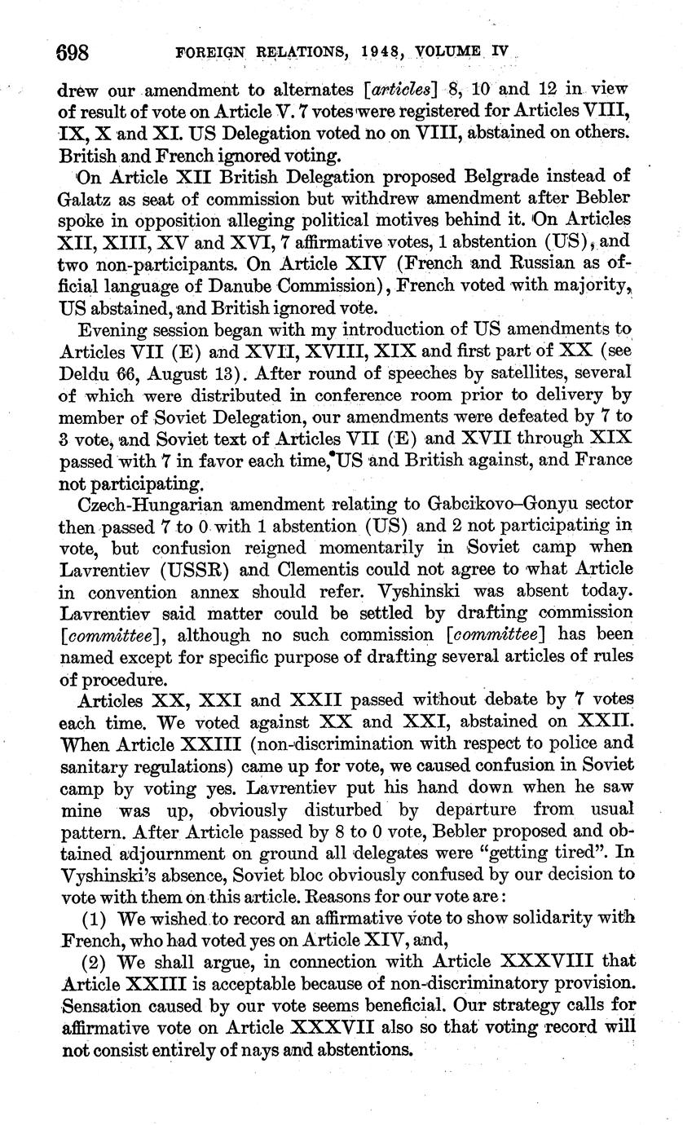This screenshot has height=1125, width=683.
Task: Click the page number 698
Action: tap(73, 55)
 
